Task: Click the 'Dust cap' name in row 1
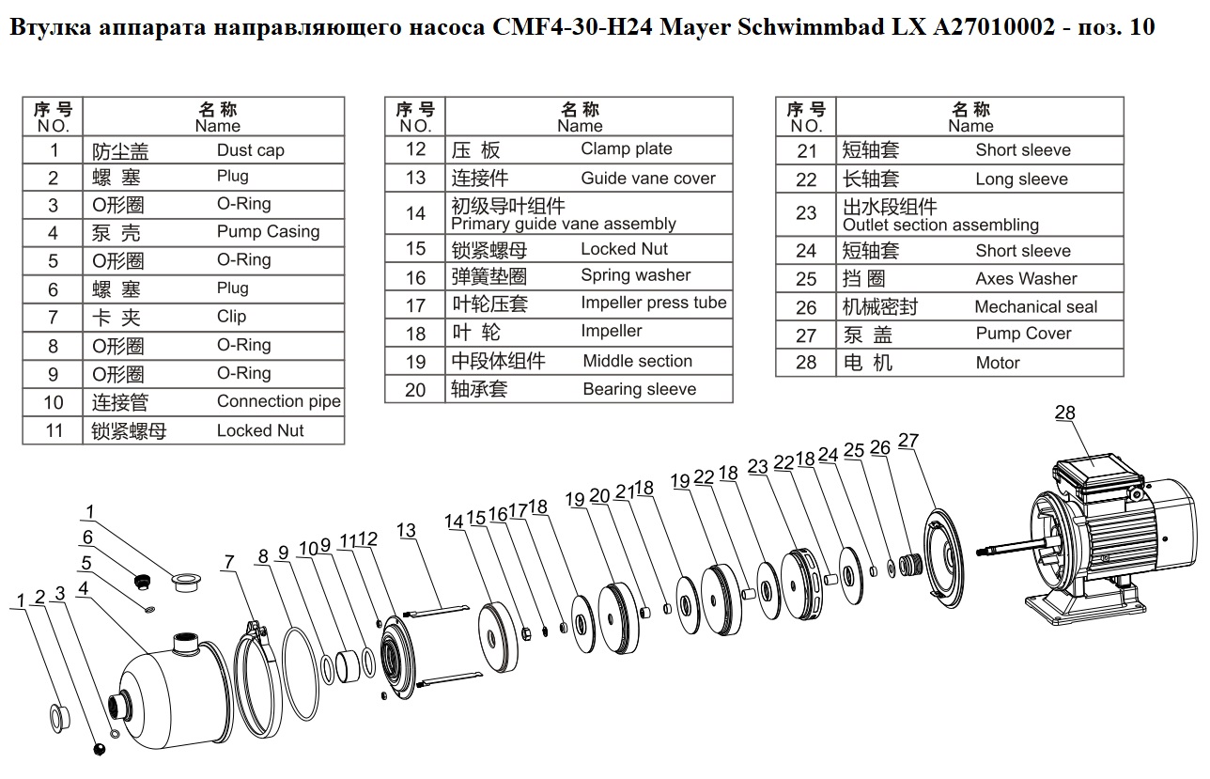click(x=250, y=150)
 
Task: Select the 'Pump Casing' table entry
click(x=268, y=232)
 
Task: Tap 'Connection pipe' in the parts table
click(x=279, y=401)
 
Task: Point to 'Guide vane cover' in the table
click(x=648, y=179)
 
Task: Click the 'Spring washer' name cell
click(x=636, y=275)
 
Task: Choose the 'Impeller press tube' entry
click(x=654, y=304)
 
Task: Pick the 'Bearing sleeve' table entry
click(x=640, y=389)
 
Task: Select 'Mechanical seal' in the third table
click(x=1036, y=307)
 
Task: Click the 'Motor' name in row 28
click(x=998, y=363)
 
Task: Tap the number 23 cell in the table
click(x=806, y=213)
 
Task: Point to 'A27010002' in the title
click(x=994, y=26)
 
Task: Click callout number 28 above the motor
click(x=1064, y=413)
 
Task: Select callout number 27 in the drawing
click(x=908, y=441)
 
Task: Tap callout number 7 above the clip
click(x=229, y=562)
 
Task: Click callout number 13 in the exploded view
click(x=406, y=530)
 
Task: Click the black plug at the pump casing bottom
click(x=99, y=749)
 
